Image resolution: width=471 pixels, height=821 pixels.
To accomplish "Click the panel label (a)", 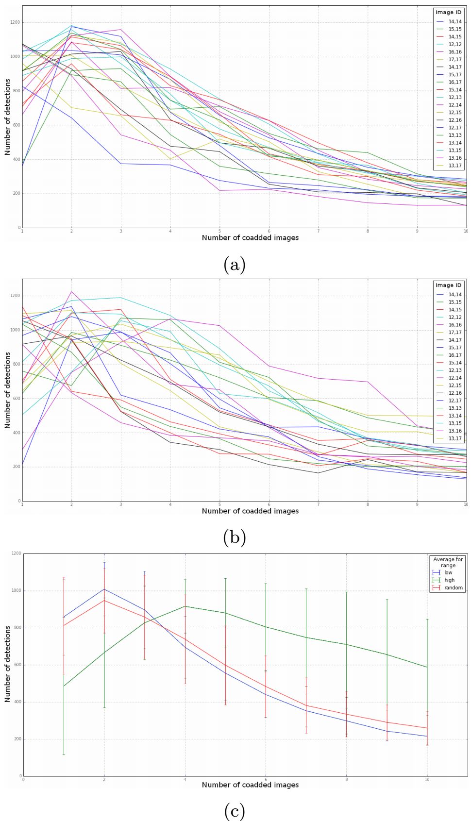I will click(235, 265).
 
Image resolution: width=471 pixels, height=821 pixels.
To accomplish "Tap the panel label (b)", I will click(235, 537).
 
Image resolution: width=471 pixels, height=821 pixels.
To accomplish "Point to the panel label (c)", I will click(235, 811).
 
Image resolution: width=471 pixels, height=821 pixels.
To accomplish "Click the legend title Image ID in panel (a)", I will click(448, 12).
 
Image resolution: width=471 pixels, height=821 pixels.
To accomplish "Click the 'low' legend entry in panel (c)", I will click(448, 572).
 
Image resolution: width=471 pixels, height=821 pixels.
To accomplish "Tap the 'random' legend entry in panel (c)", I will click(453, 588).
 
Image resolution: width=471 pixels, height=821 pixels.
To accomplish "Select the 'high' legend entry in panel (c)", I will click(449, 580).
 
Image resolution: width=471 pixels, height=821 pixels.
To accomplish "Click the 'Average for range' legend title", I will click(448, 562).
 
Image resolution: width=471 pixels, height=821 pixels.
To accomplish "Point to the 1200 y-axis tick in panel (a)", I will click(15, 23).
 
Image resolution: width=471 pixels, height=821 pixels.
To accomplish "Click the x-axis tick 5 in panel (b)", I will click(219, 504).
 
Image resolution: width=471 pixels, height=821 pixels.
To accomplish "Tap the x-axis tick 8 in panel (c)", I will click(346, 780).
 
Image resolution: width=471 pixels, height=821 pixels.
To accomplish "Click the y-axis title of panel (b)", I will click(8, 390).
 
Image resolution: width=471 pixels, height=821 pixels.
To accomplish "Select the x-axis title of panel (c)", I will click(250, 785).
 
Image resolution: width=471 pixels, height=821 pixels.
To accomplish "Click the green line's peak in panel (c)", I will click(185, 606).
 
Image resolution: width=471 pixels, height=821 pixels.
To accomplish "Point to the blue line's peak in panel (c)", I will click(104, 589).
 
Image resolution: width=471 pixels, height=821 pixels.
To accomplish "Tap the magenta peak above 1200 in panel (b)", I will click(72, 292).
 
